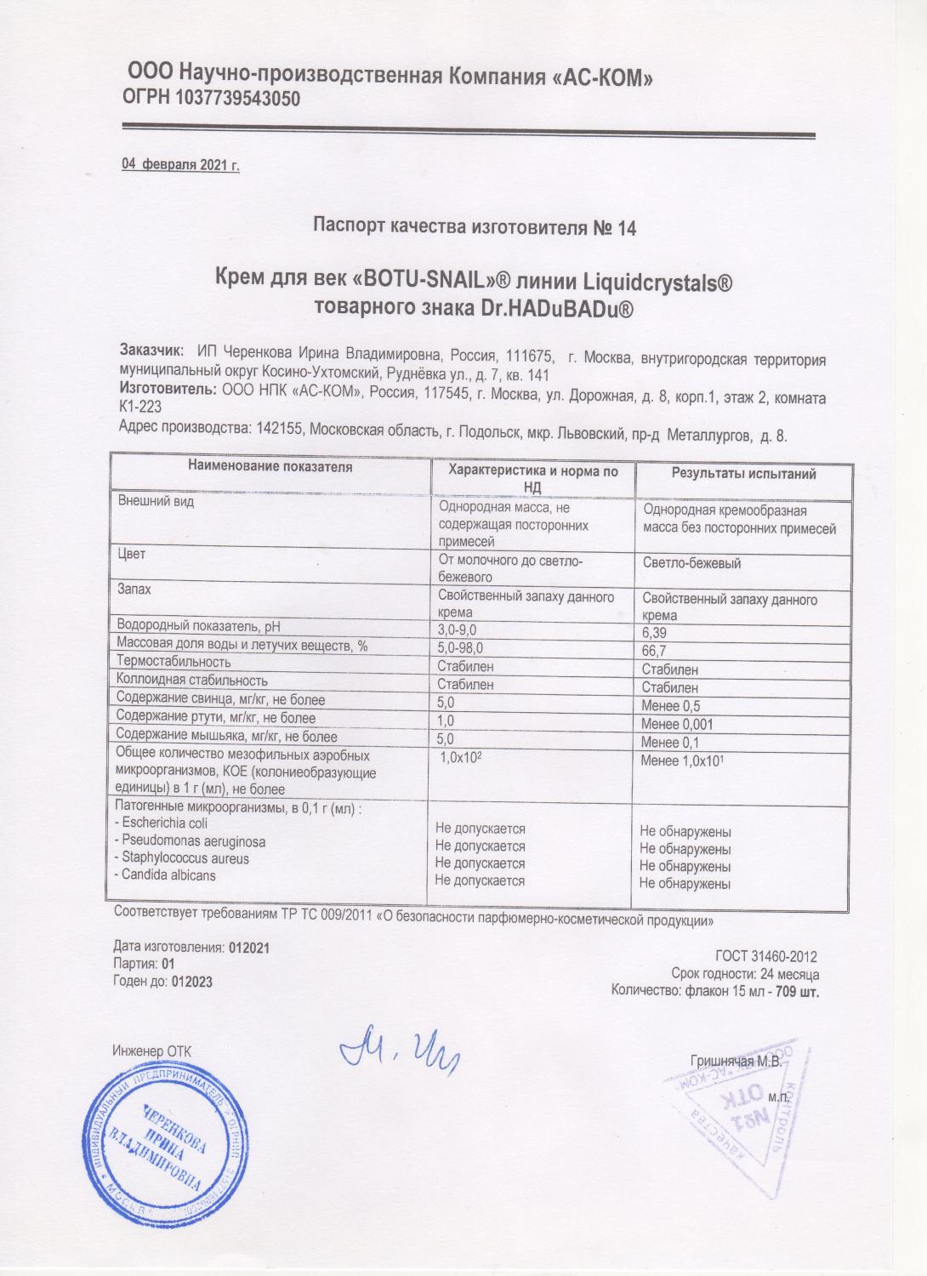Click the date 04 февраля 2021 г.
click(181, 165)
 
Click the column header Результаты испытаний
click(744, 475)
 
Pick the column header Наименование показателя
click(270, 467)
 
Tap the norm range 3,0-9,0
click(459, 629)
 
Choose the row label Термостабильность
click(173, 662)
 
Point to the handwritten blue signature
click(398, 1055)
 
